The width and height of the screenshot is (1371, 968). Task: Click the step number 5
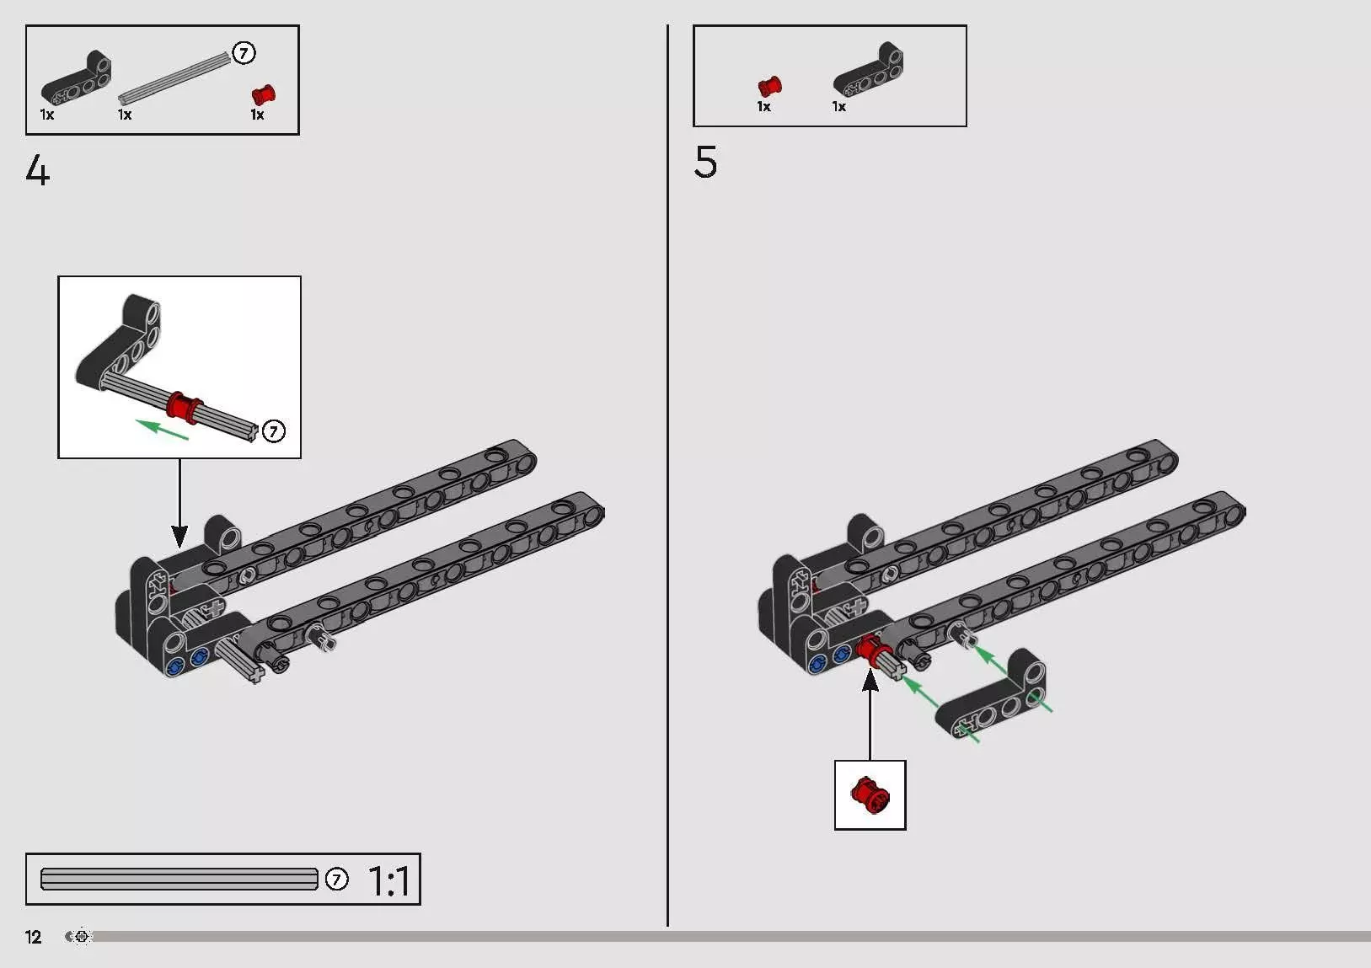tap(705, 162)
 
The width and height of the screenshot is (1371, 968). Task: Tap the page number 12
tap(33, 937)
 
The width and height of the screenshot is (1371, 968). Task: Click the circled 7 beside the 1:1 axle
tap(336, 880)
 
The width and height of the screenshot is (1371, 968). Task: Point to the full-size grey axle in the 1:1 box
tap(179, 880)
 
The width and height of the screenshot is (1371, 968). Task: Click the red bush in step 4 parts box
tap(263, 95)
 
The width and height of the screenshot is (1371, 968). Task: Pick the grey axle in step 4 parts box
tap(175, 78)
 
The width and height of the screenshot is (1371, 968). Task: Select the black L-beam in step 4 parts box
tap(78, 78)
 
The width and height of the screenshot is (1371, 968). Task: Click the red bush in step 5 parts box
tap(769, 86)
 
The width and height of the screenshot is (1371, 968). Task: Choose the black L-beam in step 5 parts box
tap(868, 71)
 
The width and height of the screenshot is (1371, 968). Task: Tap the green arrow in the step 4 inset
tap(162, 429)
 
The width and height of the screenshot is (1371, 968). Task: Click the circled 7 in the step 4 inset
tap(274, 431)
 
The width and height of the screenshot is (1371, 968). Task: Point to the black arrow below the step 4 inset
tap(179, 503)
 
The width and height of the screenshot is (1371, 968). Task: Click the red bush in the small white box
tap(870, 794)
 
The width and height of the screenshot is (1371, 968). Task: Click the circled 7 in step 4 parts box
tap(244, 53)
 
